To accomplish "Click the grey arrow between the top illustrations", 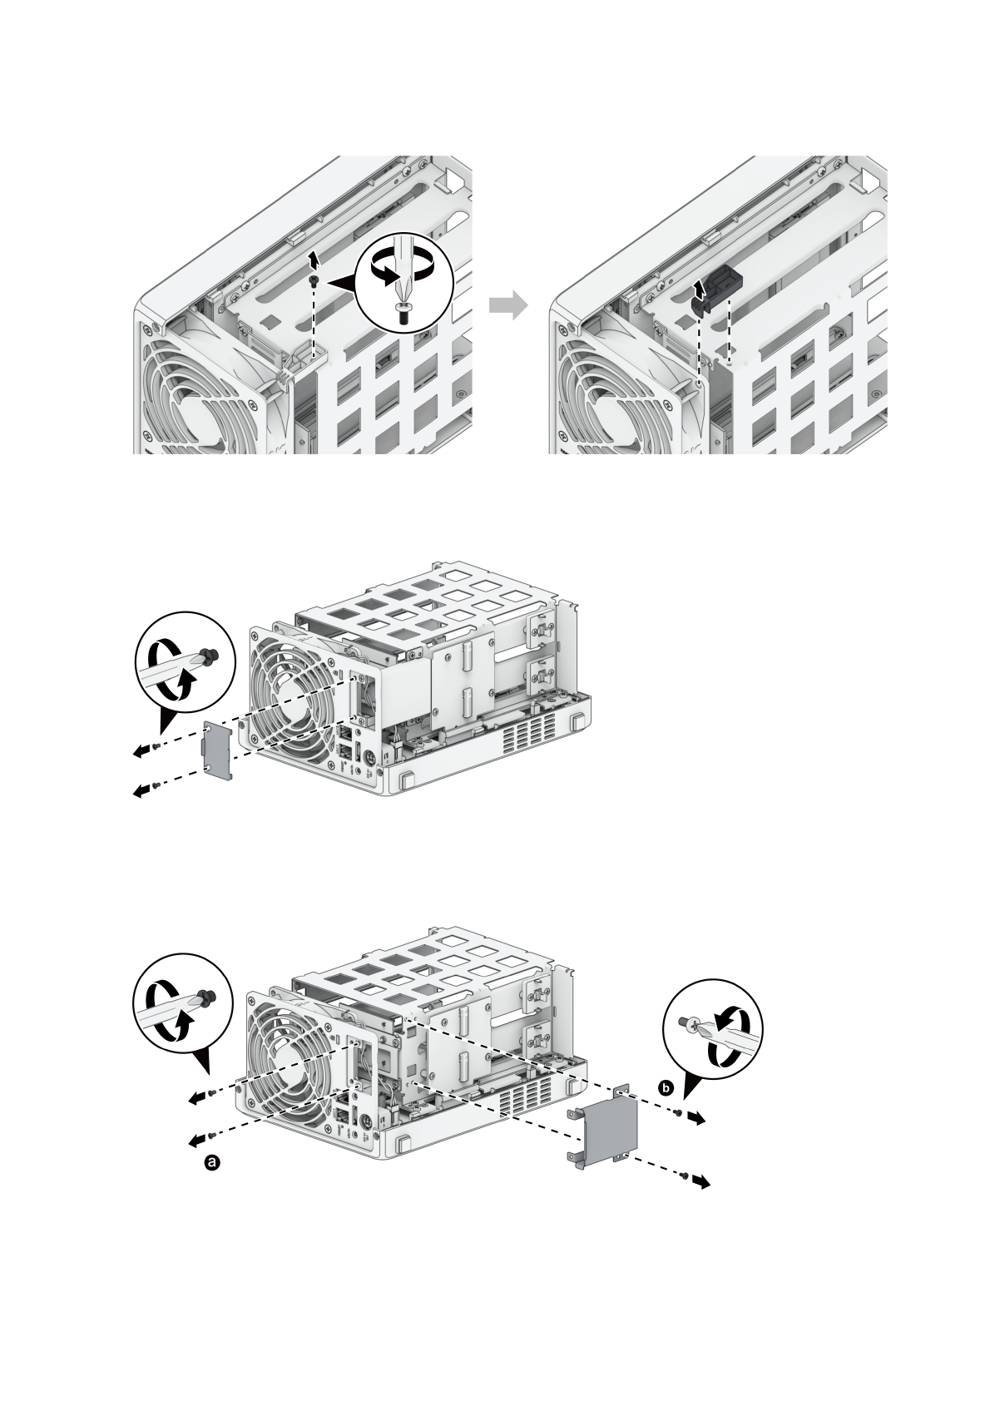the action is click(509, 305).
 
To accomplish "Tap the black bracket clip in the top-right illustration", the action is click(716, 286).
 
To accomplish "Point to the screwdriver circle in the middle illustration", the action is click(186, 663).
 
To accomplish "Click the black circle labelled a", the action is click(212, 1162).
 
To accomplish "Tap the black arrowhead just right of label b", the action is click(698, 1119).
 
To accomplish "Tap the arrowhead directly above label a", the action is click(196, 1137).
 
